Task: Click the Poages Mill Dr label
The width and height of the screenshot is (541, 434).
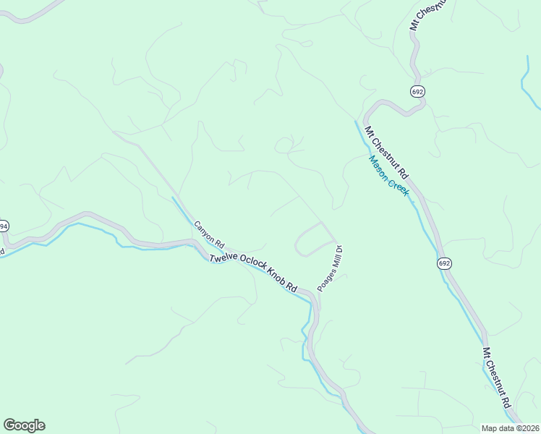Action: pos(329,268)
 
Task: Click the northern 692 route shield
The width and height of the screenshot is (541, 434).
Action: pos(417,92)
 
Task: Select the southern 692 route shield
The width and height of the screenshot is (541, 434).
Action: pos(444,263)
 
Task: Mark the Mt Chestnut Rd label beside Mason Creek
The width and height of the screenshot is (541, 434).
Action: pos(387,153)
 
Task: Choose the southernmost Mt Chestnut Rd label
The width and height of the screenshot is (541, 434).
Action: pos(498,377)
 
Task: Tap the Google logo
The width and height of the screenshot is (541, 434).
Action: pos(24,425)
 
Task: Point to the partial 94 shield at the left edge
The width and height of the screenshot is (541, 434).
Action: pos(3,226)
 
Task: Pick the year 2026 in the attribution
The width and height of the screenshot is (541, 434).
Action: pos(529,428)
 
